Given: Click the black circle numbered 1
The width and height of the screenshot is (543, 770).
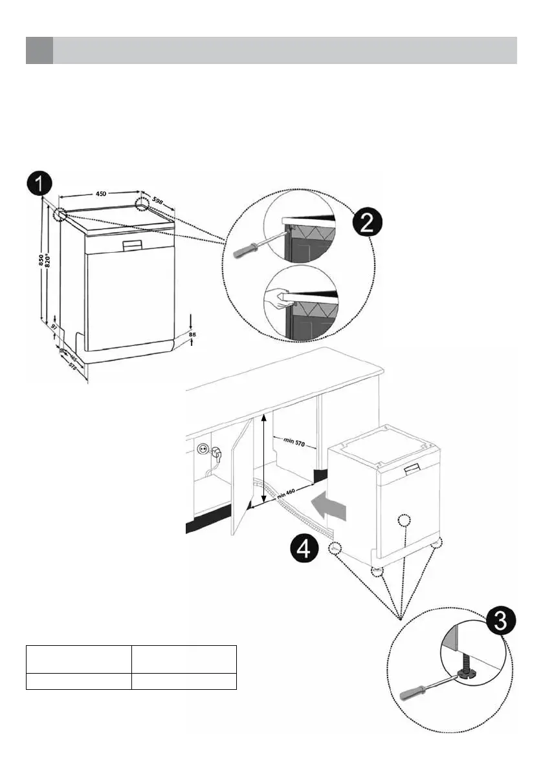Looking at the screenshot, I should [39, 183].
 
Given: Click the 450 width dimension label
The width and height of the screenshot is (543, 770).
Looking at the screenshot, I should [101, 193].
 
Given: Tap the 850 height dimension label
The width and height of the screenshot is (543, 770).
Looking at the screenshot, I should [41, 261].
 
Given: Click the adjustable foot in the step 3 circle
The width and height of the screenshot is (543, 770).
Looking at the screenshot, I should [465, 672].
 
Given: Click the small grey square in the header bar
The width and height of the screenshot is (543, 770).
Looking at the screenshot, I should [39, 50].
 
